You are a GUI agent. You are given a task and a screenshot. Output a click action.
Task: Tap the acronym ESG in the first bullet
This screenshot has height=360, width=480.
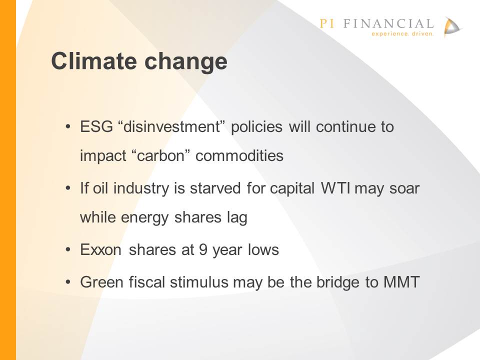point(96,126)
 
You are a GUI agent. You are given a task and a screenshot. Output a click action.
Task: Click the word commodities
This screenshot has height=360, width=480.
point(239,155)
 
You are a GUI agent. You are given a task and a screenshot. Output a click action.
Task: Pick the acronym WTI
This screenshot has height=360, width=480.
point(335,188)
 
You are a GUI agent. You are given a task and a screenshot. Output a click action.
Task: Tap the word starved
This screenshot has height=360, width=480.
point(215,188)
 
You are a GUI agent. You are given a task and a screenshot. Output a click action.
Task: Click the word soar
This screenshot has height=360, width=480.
point(404,188)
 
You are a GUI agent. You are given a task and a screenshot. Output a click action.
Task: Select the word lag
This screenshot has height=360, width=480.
point(237,218)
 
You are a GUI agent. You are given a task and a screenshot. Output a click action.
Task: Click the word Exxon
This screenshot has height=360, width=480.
point(100,250)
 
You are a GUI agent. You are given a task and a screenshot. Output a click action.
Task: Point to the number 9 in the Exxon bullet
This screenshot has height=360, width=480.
point(203,250)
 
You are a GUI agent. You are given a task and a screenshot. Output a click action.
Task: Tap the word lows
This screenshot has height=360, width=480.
point(263,249)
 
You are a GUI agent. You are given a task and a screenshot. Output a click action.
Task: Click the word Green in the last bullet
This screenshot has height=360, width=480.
point(101,282)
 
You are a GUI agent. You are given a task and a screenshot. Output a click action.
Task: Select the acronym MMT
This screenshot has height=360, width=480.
point(401,282)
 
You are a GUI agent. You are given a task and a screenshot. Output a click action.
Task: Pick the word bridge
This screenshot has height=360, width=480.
point(338,282)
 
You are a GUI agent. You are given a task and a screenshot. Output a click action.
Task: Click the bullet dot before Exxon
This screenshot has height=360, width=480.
point(68,250)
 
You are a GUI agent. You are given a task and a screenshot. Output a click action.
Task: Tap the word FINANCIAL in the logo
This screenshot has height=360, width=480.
point(388,23)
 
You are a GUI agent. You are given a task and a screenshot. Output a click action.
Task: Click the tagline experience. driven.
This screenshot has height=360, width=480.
point(402,33)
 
